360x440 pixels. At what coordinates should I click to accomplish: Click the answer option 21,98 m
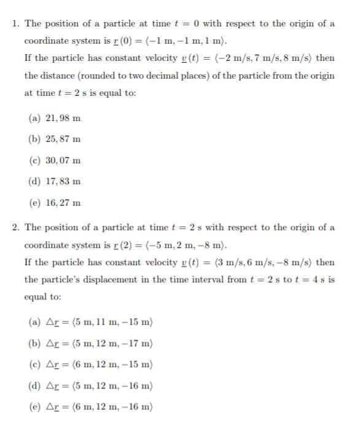55,117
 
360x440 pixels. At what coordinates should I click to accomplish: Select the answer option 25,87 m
55,139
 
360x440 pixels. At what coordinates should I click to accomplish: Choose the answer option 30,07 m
55,160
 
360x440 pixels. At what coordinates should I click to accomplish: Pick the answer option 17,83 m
55,182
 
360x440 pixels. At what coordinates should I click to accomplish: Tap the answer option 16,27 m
55,203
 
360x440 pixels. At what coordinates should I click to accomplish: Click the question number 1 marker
15,24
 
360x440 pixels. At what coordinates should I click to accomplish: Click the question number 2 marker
15,228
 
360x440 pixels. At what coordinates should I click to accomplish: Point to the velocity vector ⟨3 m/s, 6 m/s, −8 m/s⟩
261,263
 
